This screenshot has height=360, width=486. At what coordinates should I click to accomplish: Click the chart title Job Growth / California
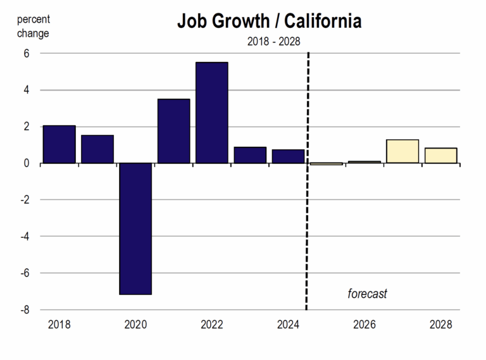[269, 22]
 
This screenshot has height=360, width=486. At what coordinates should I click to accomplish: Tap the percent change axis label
[33, 26]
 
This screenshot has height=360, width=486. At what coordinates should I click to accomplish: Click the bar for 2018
[59, 144]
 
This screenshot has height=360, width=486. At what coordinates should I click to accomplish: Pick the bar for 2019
[97, 149]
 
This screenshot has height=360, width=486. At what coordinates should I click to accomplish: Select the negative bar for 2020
[135, 228]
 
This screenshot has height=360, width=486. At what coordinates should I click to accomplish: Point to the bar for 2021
[173, 131]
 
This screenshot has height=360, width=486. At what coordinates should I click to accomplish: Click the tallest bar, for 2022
[211, 113]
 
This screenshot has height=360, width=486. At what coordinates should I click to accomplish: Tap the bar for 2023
[250, 155]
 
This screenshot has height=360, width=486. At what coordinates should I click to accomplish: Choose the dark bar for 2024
[288, 156]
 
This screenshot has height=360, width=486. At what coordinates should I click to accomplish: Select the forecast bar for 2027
[402, 151]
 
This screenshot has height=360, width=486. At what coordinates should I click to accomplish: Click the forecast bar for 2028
[440, 156]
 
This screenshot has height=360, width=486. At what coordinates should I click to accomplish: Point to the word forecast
[367, 294]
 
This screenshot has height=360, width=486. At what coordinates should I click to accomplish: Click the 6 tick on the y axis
[27, 54]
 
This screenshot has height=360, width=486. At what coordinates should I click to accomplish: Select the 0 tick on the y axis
[27, 163]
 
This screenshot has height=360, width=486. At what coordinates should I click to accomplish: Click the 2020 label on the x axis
[135, 325]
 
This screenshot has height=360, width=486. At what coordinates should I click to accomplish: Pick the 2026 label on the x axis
[364, 325]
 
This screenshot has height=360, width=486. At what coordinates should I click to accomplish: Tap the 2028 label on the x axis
[440, 325]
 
